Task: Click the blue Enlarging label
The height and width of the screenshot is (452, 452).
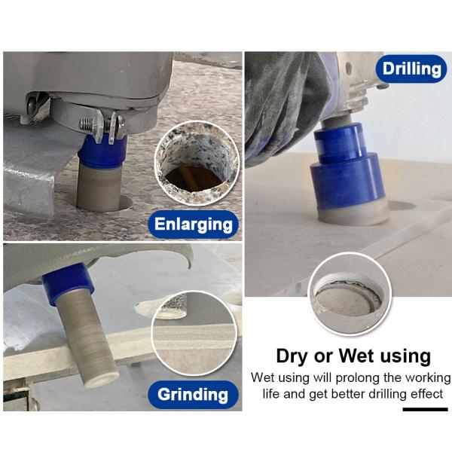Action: coord(193,224)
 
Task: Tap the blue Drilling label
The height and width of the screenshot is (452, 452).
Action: coord(411,69)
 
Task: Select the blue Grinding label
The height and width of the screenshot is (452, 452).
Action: coord(193,394)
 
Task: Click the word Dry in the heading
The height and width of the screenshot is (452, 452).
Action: coord(293,356)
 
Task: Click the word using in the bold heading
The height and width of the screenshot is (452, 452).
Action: coord(405,357)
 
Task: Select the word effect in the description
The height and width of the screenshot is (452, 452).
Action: coord(427,393)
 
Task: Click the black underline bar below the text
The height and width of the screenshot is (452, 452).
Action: coord(425,409)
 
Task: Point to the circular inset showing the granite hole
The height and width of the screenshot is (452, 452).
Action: coord(197,163)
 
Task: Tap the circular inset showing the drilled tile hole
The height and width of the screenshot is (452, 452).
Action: coord(350,294)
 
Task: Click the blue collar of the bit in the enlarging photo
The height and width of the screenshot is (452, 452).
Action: coord(102,152)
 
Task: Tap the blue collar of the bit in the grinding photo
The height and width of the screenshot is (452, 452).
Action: coord(67,283)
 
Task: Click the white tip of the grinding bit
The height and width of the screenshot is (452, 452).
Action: coord(102,378)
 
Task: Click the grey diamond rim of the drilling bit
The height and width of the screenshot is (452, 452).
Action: coord(353,214)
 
